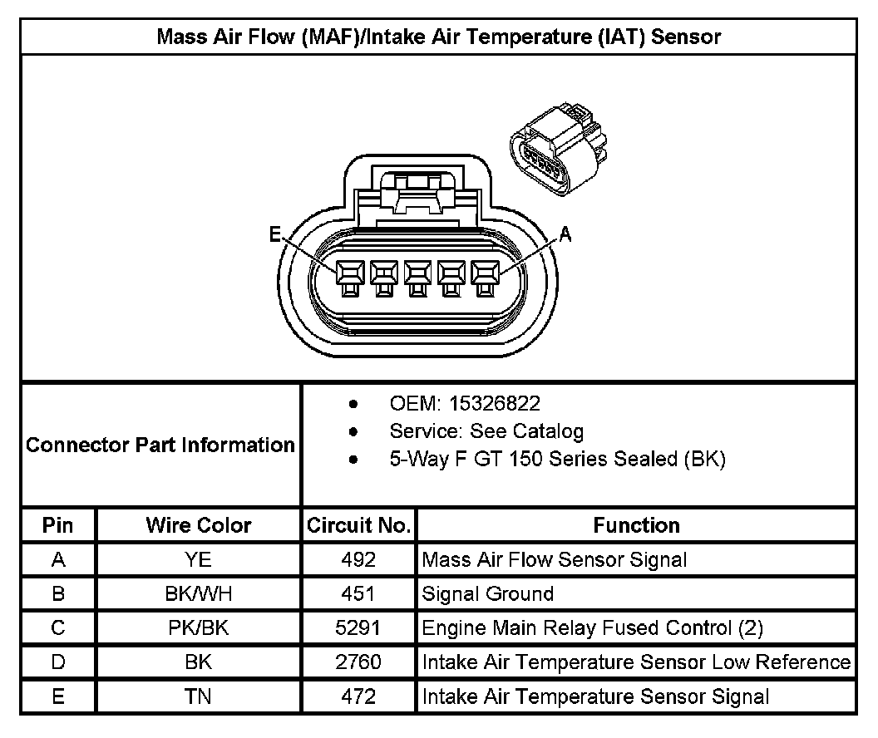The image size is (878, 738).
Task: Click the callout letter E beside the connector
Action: tap(275, 235)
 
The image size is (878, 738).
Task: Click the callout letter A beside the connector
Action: tap(566, 235)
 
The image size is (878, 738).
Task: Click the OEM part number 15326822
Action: tap(494, 404)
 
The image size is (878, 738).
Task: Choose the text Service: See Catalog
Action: tap(486, 431)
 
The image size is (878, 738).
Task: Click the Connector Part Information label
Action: tap(160, 445)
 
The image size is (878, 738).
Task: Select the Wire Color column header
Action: tap(199, 525)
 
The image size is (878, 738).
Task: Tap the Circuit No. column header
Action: tap(358, 525)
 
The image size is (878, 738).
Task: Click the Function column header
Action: tap(636, 525)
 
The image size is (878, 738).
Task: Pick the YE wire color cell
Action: tap(199, 559)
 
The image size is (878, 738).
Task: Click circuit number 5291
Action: tap(358, 627)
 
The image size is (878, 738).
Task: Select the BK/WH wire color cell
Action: tap(199, 593)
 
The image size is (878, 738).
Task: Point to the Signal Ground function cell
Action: tap(488, 593)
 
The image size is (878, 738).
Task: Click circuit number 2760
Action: tap(358, 662)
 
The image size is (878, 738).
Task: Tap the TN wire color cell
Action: tap(199, 696)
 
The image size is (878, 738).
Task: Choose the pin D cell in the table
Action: tap(58, 662)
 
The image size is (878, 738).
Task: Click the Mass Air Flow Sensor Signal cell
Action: tap(555, 559)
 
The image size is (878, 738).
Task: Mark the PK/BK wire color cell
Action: tap(199, 627)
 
